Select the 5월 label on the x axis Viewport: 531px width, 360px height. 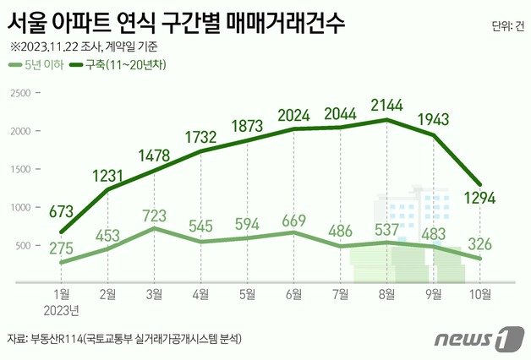pos(248,295)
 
